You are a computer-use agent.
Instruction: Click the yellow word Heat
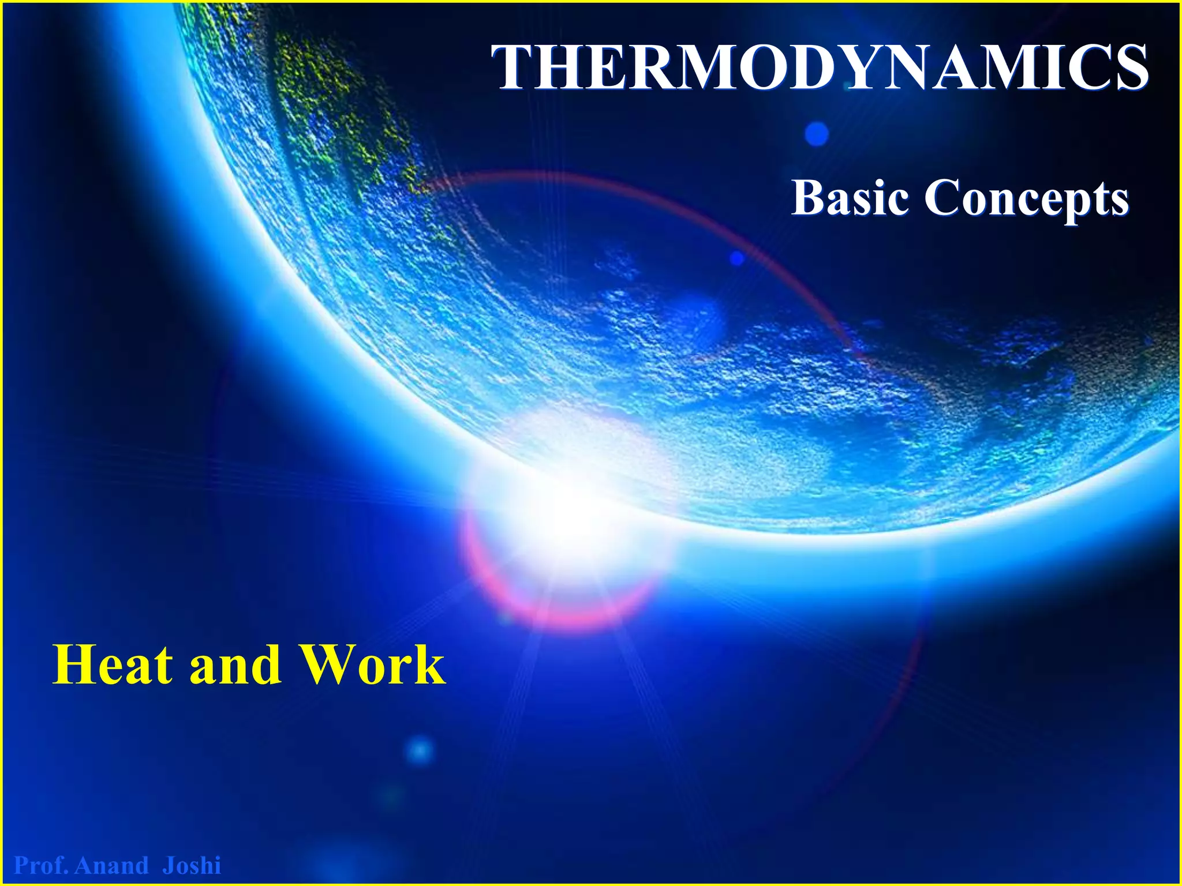coord(113,664)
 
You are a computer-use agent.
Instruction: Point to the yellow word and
coord(235,666)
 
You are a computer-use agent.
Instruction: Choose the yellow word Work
coord(373,664)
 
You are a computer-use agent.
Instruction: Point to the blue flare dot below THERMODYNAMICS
coord(816,134)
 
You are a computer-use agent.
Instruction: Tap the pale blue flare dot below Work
coord(420,751)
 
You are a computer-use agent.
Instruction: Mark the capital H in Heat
coord(73,664)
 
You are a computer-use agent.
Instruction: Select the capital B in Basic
coord(809,198)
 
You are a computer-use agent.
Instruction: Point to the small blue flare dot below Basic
coord(737,258)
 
